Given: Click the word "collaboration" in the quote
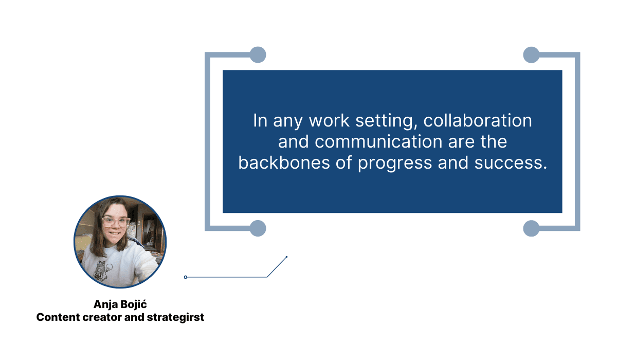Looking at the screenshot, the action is (477, 121).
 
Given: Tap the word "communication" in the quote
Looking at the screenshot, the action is (378, 141).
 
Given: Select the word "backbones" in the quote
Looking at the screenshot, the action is (284, 163).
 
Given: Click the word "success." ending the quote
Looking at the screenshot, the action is (511, 163).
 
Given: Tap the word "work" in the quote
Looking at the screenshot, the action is (329, 121).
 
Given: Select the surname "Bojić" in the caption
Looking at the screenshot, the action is (134, 304).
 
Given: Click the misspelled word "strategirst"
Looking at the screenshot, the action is (175, 318).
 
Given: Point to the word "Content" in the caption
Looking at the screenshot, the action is (58, 317).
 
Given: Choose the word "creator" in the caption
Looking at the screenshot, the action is (102, 318).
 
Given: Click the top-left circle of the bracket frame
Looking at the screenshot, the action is (258, 55).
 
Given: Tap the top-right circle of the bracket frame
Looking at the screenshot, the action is (531, 55).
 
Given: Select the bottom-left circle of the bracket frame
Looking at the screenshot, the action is (258, 228).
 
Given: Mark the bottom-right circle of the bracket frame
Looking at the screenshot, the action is (531, 228).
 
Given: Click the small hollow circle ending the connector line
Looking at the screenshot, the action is (186, 277).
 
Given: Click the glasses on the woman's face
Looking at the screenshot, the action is (116, 222).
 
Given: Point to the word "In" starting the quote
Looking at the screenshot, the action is (260, 121).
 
